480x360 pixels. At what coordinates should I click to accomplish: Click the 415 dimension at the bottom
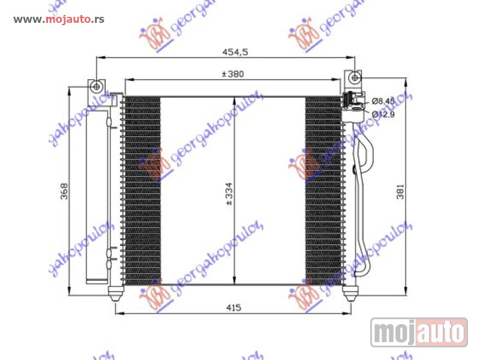[x=233, y=308]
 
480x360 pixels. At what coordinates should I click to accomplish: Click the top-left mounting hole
[x=96, y=87]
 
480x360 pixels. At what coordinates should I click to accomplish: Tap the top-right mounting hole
[x=355, y=78]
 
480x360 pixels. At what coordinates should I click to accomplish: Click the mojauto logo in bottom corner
[x=418, y=331]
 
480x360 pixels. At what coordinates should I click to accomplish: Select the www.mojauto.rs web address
[x=59, y=19]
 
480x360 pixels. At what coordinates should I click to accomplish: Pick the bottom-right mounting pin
[x=349, y=293]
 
